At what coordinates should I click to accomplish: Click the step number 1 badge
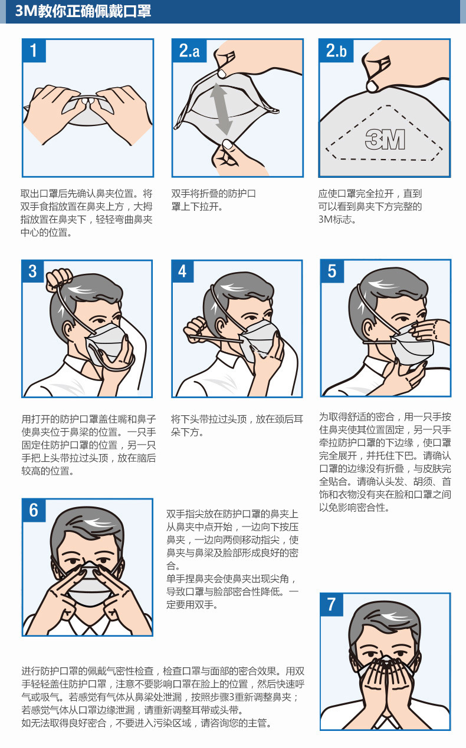point(34,51)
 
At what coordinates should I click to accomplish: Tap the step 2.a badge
point(189,51)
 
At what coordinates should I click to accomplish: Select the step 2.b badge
point(336,51)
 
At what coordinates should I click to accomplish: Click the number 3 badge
point(33,271)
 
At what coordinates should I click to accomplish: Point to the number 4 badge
point(183,271)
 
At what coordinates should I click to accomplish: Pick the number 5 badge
point(332,271)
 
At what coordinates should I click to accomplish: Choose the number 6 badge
point(34,510)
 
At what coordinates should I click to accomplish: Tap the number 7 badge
point(332,604)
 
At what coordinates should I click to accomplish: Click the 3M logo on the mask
point(385,139)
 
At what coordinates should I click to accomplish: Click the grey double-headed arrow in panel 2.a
point(221,109)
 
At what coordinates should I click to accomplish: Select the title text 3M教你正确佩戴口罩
point(83,11)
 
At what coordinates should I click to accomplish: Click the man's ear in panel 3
point(68,331)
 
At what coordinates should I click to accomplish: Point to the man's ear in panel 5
point(368,329)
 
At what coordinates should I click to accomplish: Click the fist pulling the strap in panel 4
point(195,329)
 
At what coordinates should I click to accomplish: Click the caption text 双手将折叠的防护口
point(214,194)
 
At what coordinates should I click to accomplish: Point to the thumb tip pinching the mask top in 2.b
point(372,87)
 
